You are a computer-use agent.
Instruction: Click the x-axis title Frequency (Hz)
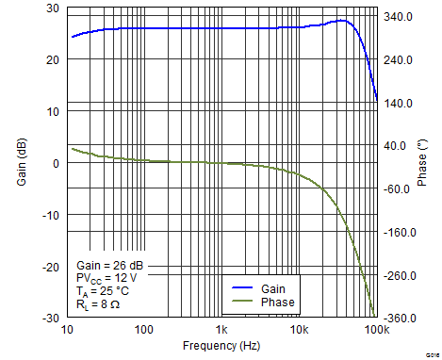pos(221,347)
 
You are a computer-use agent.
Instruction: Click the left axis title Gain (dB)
pos(22,163)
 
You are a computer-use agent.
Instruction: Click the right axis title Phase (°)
pos(421,162)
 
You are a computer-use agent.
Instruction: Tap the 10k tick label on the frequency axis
pos(299,329)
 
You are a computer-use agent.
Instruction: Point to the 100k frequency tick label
pos(375,329)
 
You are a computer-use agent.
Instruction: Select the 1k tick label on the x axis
pos(221,329)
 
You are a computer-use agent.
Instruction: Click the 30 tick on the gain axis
pos(53,8)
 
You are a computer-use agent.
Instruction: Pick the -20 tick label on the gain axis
pos(50,267)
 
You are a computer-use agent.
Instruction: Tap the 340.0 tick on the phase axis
pos(396,17)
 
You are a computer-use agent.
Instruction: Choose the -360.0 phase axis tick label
pos(395,319)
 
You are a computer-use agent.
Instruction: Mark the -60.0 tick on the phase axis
pos(396,189)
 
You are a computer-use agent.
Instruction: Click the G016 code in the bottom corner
pos(432,353)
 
